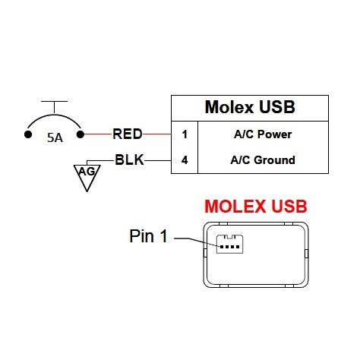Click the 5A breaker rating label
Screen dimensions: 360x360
tap(55, 137)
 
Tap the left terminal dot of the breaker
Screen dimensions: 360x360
tap(28, 134)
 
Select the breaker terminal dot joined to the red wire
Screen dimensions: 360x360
tap(81, 134)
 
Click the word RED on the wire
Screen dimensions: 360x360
tap(128, 134)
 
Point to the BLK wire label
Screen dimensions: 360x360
tap(129, 160)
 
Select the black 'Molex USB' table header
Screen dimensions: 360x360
tap(250, 107)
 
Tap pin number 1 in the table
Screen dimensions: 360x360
tap(185, 134)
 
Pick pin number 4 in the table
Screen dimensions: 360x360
tap(185, 160)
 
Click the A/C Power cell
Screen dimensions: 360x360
tap(263, 134)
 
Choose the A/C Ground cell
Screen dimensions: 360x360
tap(263, 160)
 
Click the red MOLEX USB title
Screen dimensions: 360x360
tap(256, 207)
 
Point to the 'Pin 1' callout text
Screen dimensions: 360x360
tap(149, 236)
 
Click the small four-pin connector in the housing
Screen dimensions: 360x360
tap(229, 244)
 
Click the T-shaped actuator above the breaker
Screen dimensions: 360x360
tap(54, 106)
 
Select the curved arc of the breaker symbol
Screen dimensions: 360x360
tap(54, 115)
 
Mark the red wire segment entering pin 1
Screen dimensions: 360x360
tap(157, 134)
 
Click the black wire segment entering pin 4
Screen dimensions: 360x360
tap(158, 160)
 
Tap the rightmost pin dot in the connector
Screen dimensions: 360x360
tap(238, 247)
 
